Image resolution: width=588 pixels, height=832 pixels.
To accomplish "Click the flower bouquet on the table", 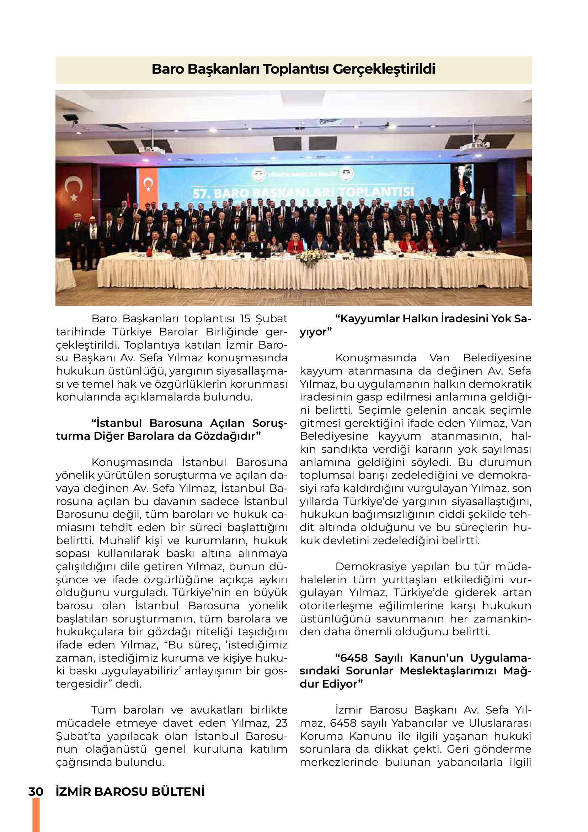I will tap(310, 258).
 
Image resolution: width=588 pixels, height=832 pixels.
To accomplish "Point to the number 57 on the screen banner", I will tap(200, 194).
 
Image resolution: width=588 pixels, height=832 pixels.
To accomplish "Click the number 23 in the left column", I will tap(281, 723).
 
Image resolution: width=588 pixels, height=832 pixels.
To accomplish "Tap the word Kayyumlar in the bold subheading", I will tap(365, 318).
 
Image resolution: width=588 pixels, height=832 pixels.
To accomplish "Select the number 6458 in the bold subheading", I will tap(354, 658).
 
